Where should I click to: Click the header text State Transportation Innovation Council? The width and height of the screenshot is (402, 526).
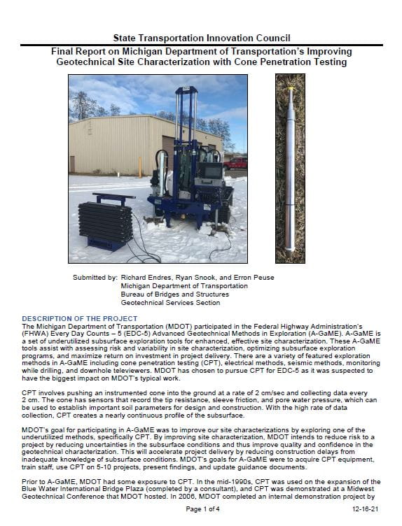click(201, 38)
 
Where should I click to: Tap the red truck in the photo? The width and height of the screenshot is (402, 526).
click(235, 163)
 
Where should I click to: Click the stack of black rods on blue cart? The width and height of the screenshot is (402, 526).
click(105, 222)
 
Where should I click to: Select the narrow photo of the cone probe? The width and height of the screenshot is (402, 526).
click(290, 168)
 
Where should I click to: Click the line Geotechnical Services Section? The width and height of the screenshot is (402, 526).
click(170, 303)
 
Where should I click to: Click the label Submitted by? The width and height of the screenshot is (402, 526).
click(95, 278)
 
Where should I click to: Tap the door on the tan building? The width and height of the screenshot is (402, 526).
click(72, 164)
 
